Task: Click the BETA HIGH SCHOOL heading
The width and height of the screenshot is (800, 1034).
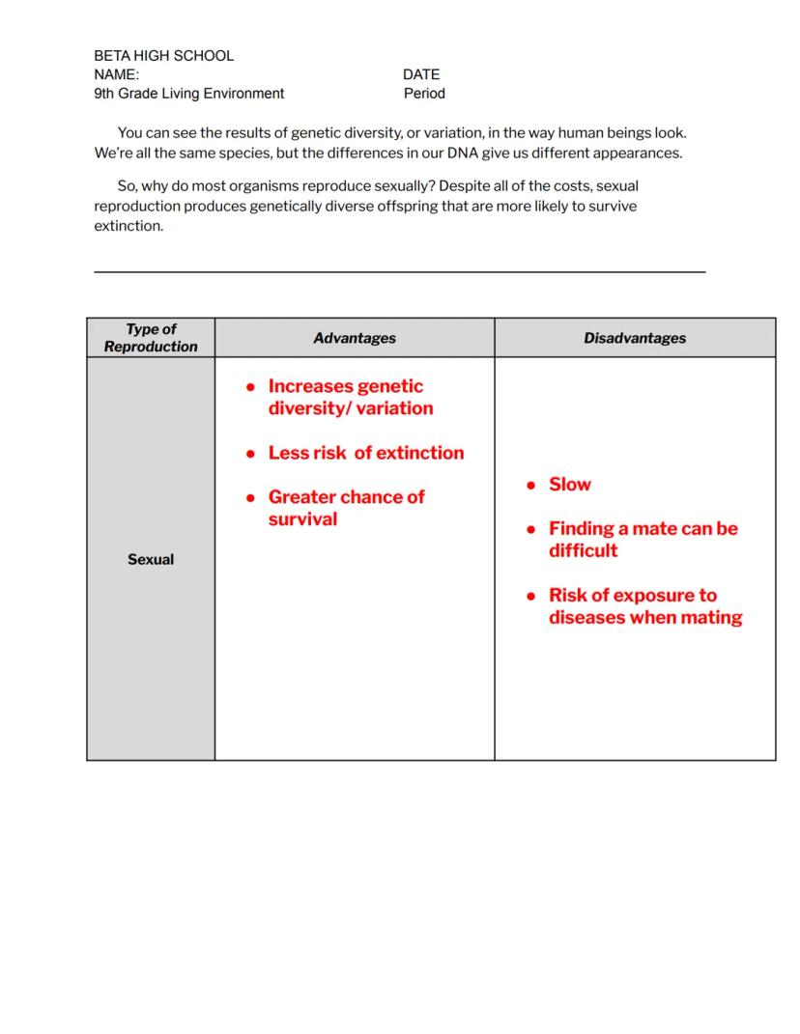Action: pos(163,56)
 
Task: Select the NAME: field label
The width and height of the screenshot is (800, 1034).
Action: pos(116,74)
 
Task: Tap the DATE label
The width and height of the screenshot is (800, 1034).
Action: pos(421,74)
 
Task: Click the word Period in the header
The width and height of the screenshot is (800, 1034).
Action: pos(424,94)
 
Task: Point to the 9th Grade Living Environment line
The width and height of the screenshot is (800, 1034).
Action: pos(188,94)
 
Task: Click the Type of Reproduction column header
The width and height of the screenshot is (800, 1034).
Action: pos(151,338)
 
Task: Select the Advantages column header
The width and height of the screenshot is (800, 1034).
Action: pos(355,338)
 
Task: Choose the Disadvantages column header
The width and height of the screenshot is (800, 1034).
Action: pos(635,338)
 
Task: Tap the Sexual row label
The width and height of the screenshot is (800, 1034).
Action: pos(151,559)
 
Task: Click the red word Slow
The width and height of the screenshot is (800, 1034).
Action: pos(570,485)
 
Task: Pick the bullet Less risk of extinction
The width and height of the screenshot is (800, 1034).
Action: pos(366,453)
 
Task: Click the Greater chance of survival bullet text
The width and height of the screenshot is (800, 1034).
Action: pos(346,508)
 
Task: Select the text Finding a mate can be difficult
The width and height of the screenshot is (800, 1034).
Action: pos(643,540)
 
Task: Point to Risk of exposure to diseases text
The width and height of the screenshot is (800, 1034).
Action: pos(644,606)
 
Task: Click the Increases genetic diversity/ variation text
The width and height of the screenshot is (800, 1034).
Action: pos(350,397)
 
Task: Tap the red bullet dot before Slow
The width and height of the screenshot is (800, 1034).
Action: pos(531,486)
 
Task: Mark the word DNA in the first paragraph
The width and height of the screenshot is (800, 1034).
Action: pos(463,153)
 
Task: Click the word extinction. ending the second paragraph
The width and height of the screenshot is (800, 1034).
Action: pos(129,226)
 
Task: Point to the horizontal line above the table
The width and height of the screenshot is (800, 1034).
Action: pos(399,272)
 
